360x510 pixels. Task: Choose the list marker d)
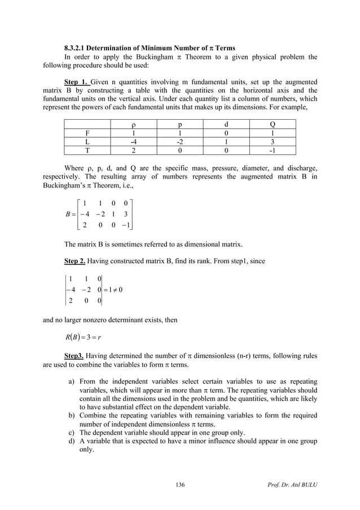[72, 441]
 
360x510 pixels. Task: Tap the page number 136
[179, 484]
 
